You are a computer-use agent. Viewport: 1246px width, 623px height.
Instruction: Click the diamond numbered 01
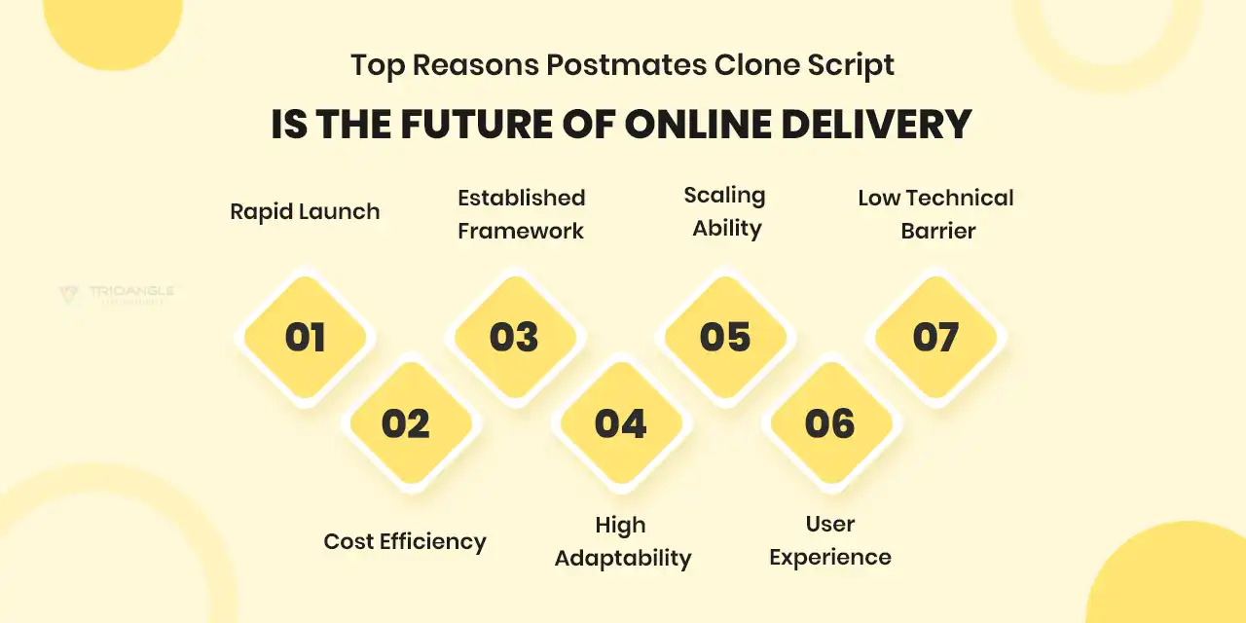click(305, 338)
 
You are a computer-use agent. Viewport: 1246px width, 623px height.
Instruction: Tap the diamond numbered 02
click(406, 423)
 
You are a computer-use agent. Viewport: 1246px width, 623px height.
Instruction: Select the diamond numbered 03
click(514, 338)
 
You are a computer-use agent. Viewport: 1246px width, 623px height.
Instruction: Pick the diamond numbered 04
click(620, 423)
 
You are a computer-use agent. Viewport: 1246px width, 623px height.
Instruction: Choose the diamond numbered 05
click(725, 338)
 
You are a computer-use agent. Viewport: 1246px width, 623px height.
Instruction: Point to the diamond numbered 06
click(830, 423)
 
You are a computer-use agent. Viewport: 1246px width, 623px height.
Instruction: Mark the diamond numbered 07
click(935, 338)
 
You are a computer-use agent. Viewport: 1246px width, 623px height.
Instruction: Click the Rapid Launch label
click(305, 211)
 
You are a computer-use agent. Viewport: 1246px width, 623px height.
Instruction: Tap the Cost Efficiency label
click(405, 541)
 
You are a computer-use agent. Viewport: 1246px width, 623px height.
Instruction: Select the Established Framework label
click(522, 214)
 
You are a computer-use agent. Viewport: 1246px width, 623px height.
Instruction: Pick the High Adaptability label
click(622, 541)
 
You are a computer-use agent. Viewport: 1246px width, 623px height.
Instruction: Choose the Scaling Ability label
click(725, 211)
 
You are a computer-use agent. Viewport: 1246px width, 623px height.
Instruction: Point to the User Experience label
click(830, 540)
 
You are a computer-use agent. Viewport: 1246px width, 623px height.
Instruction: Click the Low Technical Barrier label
click(936, 214)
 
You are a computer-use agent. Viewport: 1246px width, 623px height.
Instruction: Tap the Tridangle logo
click(116, 294)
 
